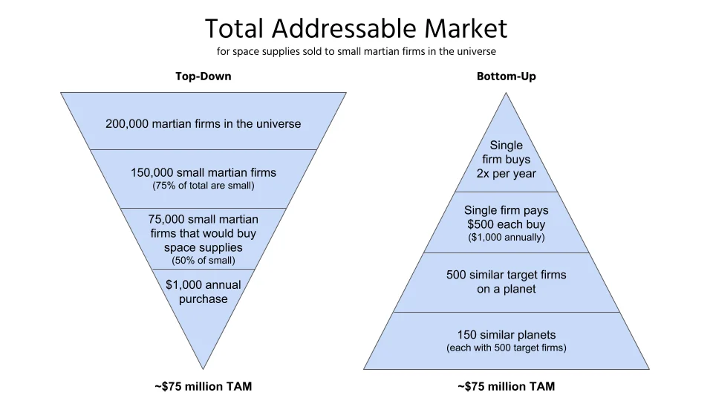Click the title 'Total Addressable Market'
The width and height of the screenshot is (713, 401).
coord(356,28)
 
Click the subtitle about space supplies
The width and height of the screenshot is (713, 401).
coord(356,52)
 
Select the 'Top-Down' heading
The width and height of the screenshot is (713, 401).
coord(203,76)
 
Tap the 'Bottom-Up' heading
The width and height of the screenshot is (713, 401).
coord(506,76)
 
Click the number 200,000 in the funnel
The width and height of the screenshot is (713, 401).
coord(127,123)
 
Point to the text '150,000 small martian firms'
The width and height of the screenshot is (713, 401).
coord(203,172)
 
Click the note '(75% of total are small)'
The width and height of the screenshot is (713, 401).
coord(203,186)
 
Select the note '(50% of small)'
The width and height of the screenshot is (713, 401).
coord(203,261)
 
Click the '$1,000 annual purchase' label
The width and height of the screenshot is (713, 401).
coord(203,292)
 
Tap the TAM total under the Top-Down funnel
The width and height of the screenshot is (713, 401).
coord(203,386)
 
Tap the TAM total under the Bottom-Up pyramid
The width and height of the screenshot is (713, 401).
coord(506,386)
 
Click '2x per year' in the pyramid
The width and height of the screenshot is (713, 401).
coord(506,174)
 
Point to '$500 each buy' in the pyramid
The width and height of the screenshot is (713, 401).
coord(506,224)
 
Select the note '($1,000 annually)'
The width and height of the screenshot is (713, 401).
coord(506,238)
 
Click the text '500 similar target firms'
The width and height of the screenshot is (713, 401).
coord(506,275)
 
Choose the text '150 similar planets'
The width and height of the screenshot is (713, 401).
coord(506,334)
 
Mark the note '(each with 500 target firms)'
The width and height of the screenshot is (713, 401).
coord(506,348)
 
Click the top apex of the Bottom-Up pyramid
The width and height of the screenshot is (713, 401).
coord(506,94)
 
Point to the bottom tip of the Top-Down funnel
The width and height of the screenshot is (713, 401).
coord(203,367)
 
